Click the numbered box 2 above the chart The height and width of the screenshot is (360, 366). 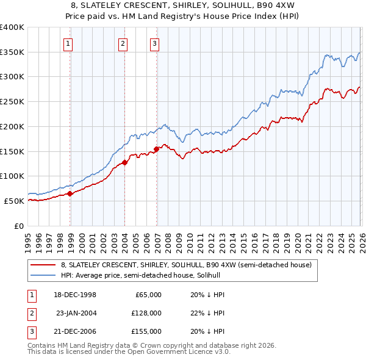[x=123, y=43]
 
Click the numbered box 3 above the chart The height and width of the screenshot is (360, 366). [x=155, y=43]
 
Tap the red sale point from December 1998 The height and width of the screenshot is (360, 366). [x=70, y=193]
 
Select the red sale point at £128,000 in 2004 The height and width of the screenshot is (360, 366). [x=124, y=162]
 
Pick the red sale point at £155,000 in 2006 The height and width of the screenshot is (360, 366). [x=157, y=149]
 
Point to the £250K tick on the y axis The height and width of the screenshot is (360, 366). [x=12, y=101]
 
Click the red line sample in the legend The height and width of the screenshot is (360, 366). [x=44, y=265]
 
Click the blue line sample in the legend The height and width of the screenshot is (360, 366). [x=44, y=275]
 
